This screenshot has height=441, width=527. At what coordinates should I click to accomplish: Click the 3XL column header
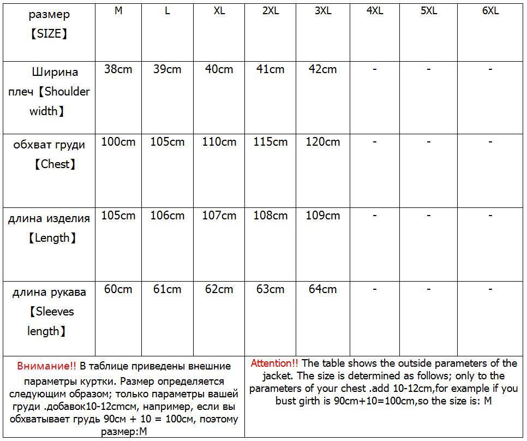tap(323, 11)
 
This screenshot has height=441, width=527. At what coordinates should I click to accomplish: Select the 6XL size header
tap(490, 11)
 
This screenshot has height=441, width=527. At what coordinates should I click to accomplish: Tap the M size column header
tap(118, 11)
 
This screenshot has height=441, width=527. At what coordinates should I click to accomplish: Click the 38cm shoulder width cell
tap(118, 69)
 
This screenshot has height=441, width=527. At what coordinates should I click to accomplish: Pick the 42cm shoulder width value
tap(323, 69)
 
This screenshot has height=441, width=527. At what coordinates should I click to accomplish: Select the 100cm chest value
tap(118, 142)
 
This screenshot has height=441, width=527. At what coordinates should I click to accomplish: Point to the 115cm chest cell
tap(271, 142)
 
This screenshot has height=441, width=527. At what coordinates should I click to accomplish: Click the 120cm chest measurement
tap(323, 142)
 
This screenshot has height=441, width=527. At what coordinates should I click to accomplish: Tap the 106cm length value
tap(167, 216)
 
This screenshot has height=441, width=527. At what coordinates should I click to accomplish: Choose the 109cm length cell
tap(323, 216)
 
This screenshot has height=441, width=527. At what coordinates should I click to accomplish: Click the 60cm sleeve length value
tap(118, 289)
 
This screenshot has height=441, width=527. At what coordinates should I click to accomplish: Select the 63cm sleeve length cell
tap(271, 289)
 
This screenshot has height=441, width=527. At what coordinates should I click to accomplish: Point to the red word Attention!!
tap(274, 363)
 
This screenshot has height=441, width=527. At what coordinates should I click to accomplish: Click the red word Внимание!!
tap(47, 366)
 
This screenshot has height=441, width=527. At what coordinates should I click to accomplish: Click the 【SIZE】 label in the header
tap(49, 34)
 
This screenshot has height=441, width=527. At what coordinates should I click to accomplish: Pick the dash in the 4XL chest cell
tap(375, 141)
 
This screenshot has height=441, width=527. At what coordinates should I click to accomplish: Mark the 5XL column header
tap(429, 11)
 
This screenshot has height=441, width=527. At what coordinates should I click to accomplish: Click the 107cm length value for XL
tap(219, 216)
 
